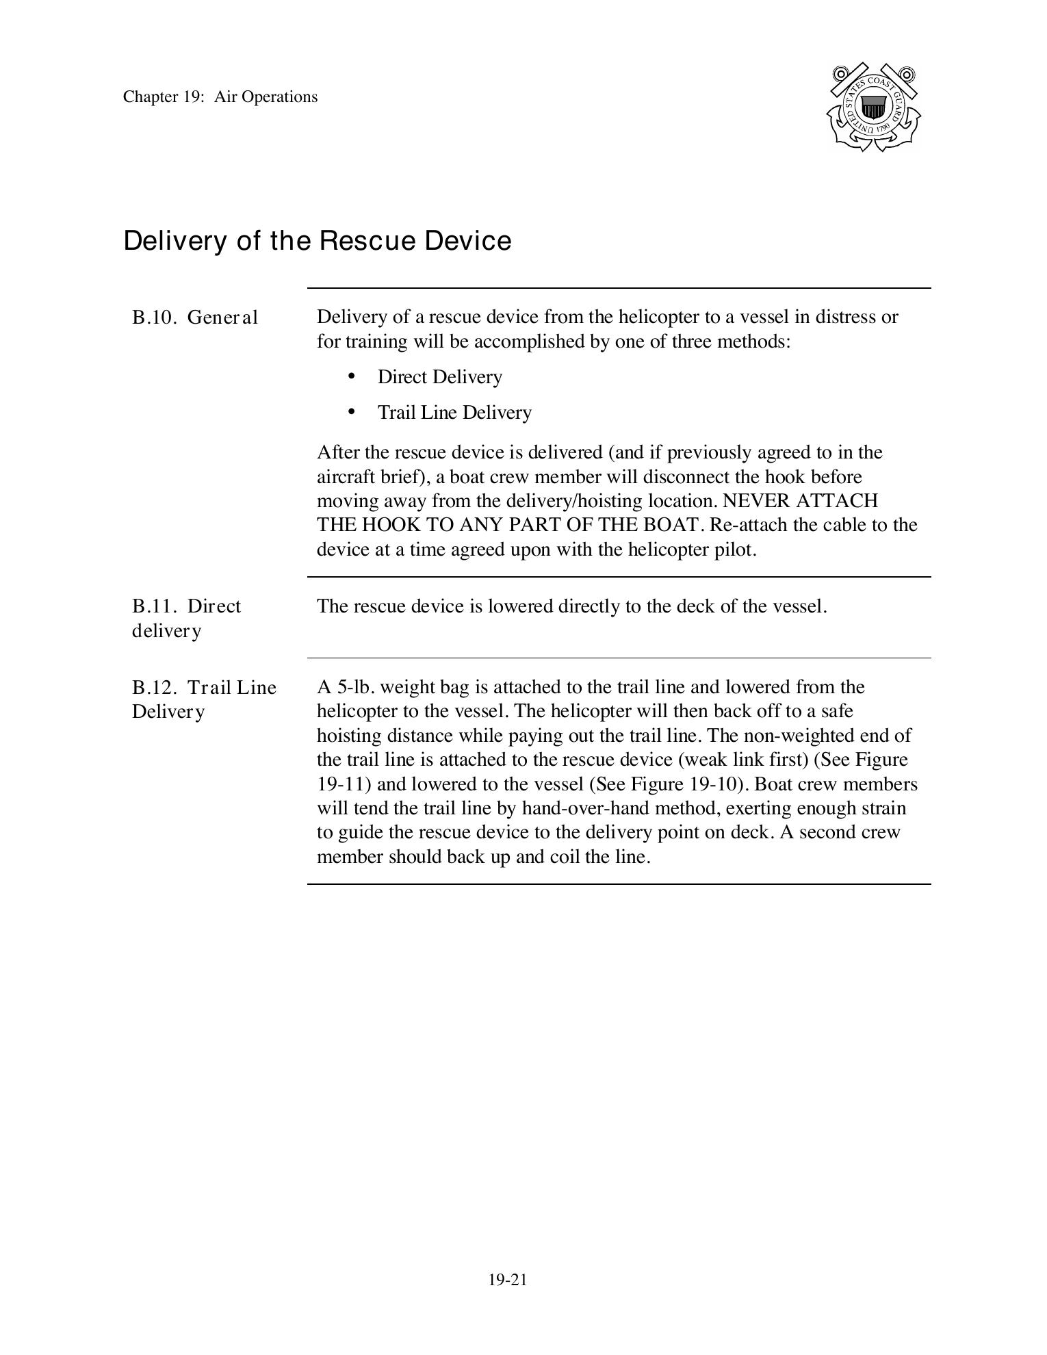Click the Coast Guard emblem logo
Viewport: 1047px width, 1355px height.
[x=873, y=107]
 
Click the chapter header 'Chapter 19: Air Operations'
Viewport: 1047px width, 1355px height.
[x=220, y=96]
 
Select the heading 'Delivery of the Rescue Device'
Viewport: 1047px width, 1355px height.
[x=317, y=241]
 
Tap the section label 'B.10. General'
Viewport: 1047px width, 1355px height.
[x=195, y=318]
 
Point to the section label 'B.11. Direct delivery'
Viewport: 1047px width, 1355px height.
[x=186, y=618]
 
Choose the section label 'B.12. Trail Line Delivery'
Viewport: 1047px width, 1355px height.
[x=204, y=699]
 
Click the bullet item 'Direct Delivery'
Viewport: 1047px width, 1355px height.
[x=439, y=377]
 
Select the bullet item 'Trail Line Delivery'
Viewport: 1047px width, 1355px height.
[x=454, y=413]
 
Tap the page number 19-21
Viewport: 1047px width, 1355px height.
[x=508, y=1280]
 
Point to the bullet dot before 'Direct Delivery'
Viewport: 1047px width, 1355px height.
[x=352, y=376]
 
